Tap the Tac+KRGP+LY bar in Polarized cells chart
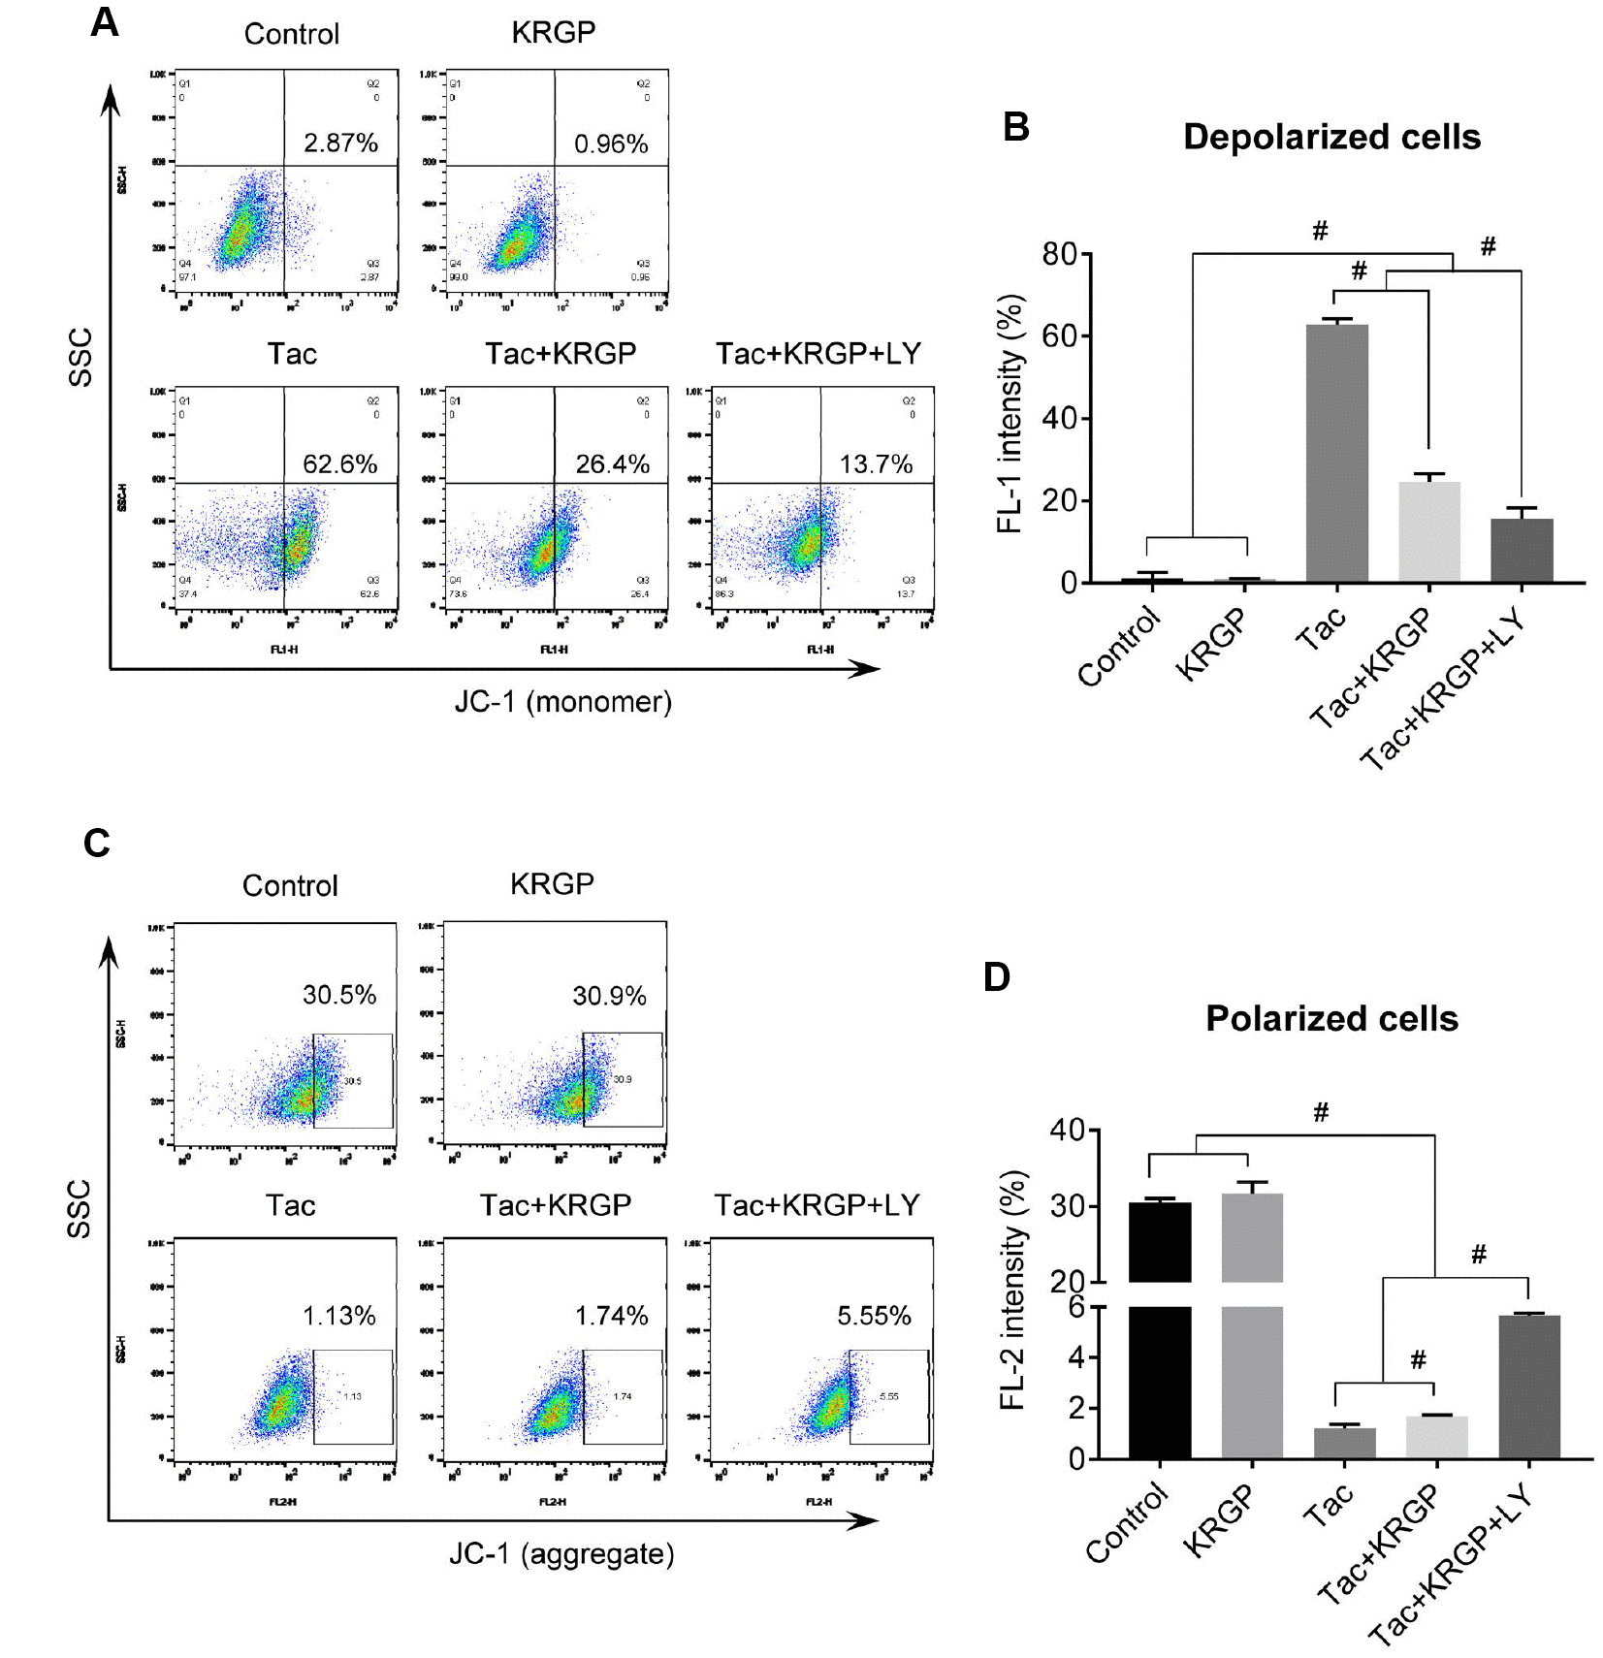click(x=1528, y=1387)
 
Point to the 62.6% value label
click(x=339, y=464)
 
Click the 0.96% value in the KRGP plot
click(x=611, y=144)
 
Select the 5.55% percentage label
click(x=874, y=1316)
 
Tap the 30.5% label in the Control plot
click(x=339, y=995)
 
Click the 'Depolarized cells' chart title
click(x=1331, y=138)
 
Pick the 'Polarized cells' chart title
click(x=1331, y=1019)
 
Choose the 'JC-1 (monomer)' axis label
click(x=562, y=702)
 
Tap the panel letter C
click(x=97, y=844)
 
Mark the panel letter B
click(x=1015, y=127)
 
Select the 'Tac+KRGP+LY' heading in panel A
click(x=818, y=354)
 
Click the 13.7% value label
click(x=876, y=464)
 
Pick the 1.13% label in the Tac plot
click(x=338, y=1316)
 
